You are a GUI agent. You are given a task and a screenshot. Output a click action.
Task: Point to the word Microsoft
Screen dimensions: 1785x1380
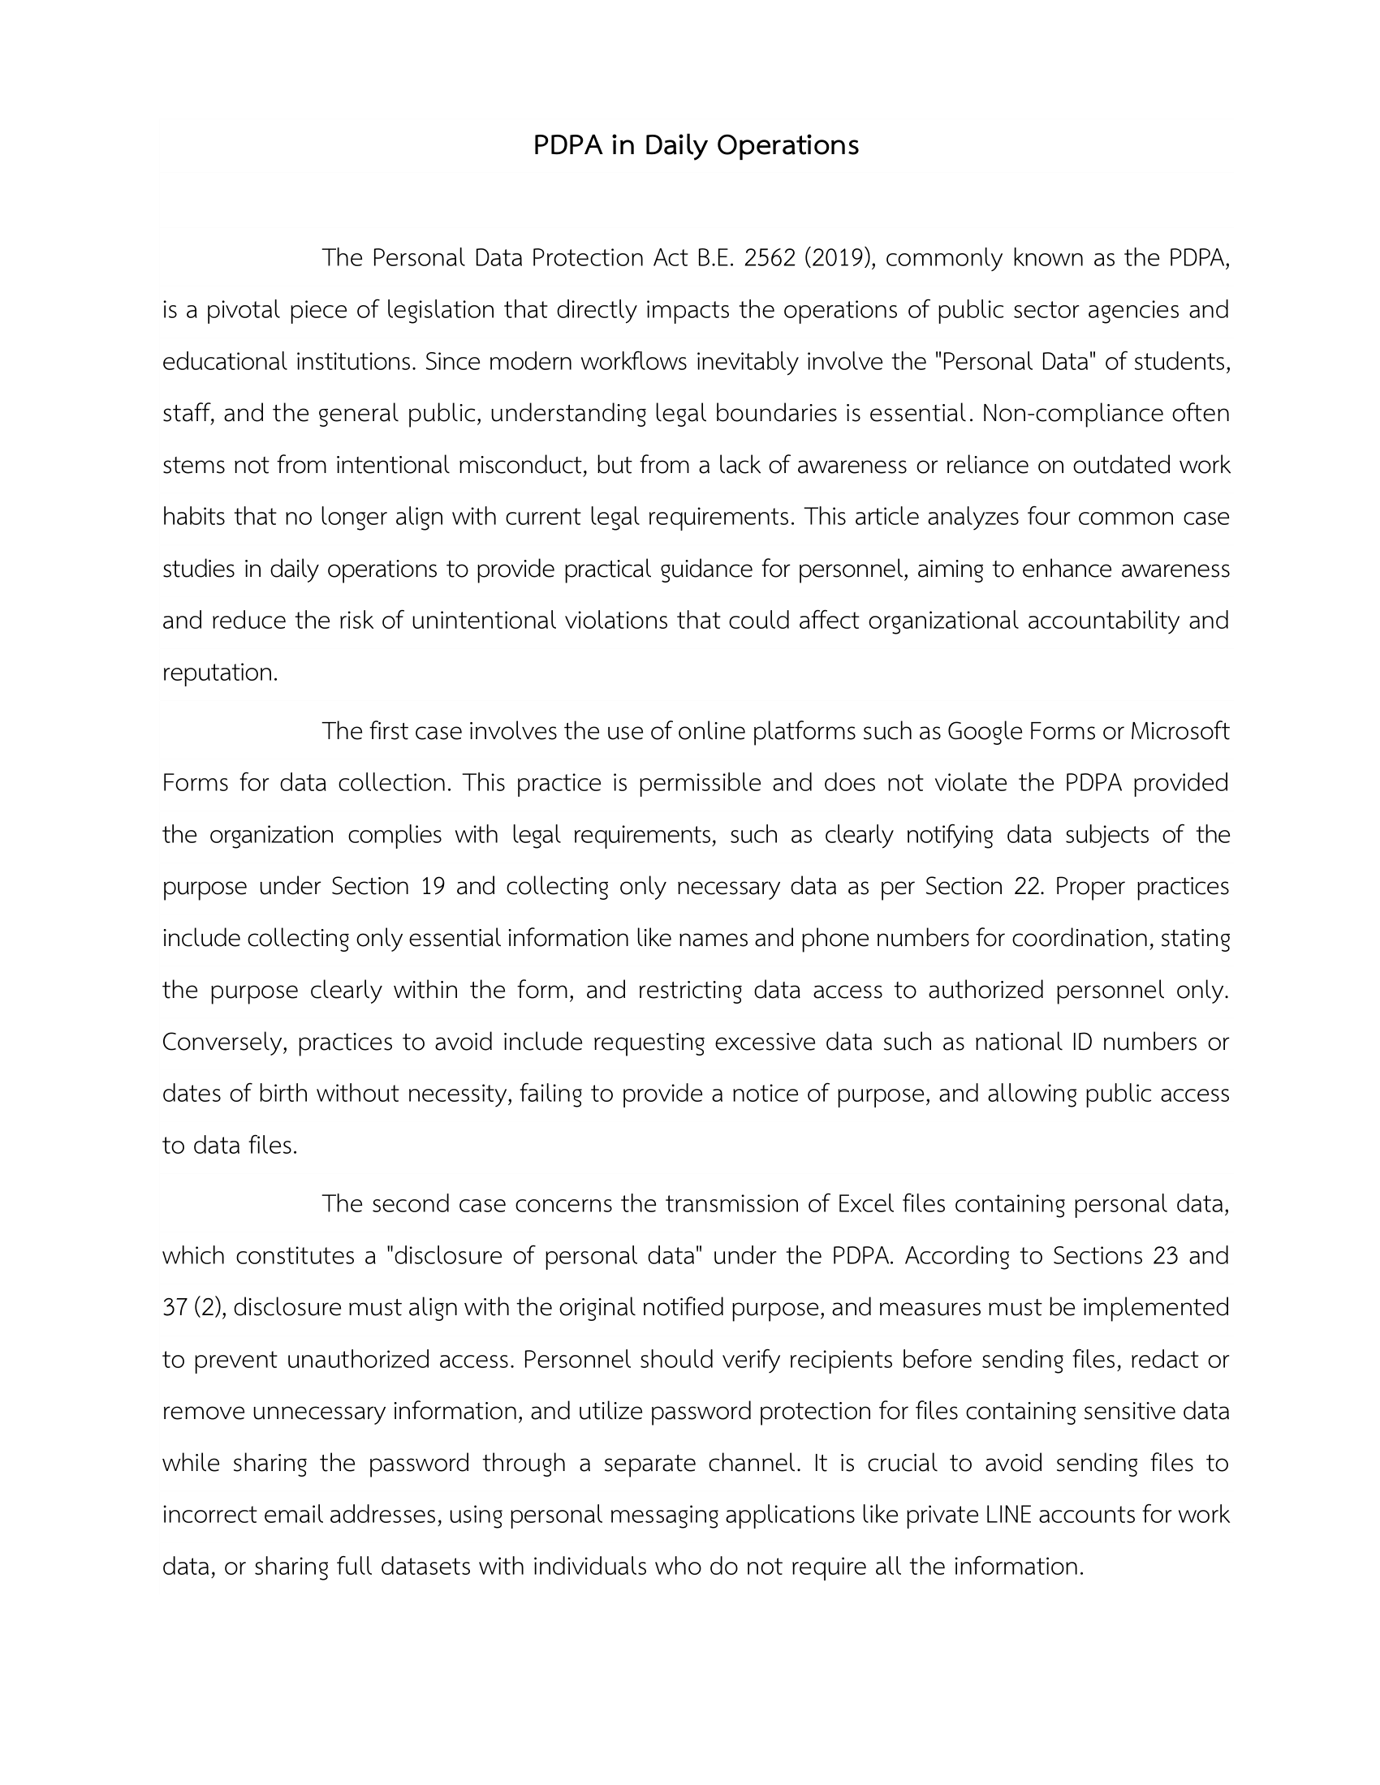point(1179,732)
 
